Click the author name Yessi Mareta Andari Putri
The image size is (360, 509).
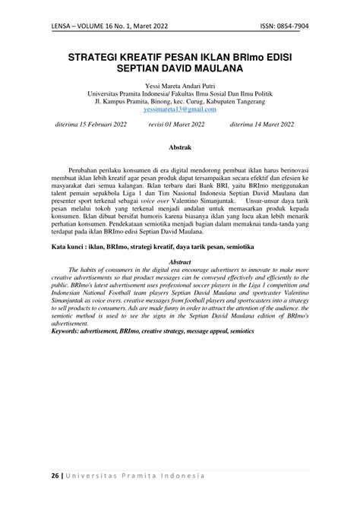(x=180, y=88)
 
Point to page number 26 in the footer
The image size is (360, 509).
(x=55, y=476)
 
